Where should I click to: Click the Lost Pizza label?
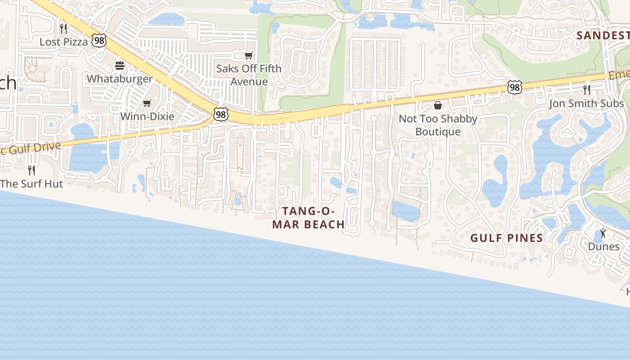(63, 42)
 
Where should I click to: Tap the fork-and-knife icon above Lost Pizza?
(63, 29)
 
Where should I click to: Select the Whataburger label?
(120, 79)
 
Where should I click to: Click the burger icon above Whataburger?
(120, 66)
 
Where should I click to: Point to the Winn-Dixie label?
(147, 117)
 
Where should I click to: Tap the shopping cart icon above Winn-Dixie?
(147, 103)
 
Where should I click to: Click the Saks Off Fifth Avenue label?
(249, 75)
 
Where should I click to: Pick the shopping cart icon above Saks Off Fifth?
(249, 56)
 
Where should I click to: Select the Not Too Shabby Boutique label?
(438, 125)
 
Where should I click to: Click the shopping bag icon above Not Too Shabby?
(438, 105)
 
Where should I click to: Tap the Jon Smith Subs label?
(586, 103)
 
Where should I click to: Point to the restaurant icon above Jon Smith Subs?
(586, 90)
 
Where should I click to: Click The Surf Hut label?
(31, 184)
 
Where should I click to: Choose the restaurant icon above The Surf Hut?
(31, 170)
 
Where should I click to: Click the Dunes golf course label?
(603, 247)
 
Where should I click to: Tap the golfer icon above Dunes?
(603, 234)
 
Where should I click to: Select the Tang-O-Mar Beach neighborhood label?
(309, 217)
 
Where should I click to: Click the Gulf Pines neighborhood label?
(507, 238)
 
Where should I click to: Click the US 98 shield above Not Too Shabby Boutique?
(514, 87)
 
